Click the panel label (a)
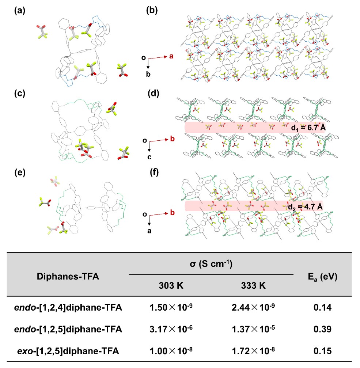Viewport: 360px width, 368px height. click(x=19, y=11)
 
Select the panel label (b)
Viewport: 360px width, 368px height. click(x=152, y=11)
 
